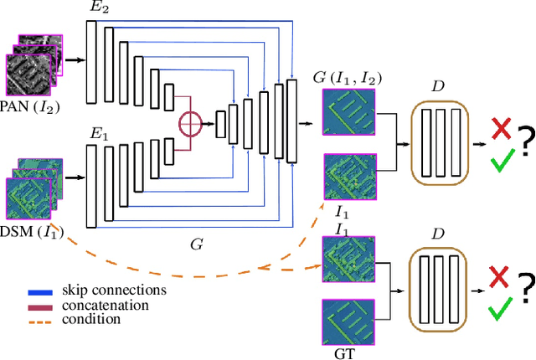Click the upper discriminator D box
(440, 141)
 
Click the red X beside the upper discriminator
(502, 128)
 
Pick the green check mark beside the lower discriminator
(502, 311)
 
